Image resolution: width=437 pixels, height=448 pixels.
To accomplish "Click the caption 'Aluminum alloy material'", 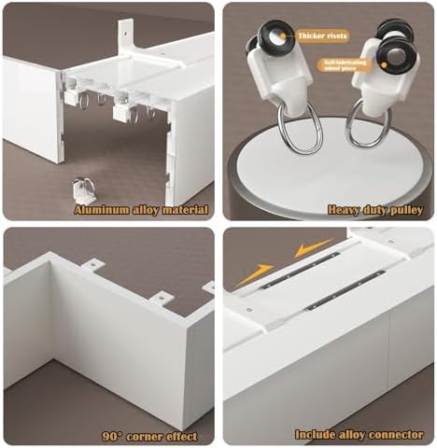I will click(141, 210).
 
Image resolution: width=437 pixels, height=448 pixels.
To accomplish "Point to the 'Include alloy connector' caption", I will click(359, 434).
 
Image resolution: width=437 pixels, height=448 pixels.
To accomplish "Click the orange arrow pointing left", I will click(314, 247).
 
